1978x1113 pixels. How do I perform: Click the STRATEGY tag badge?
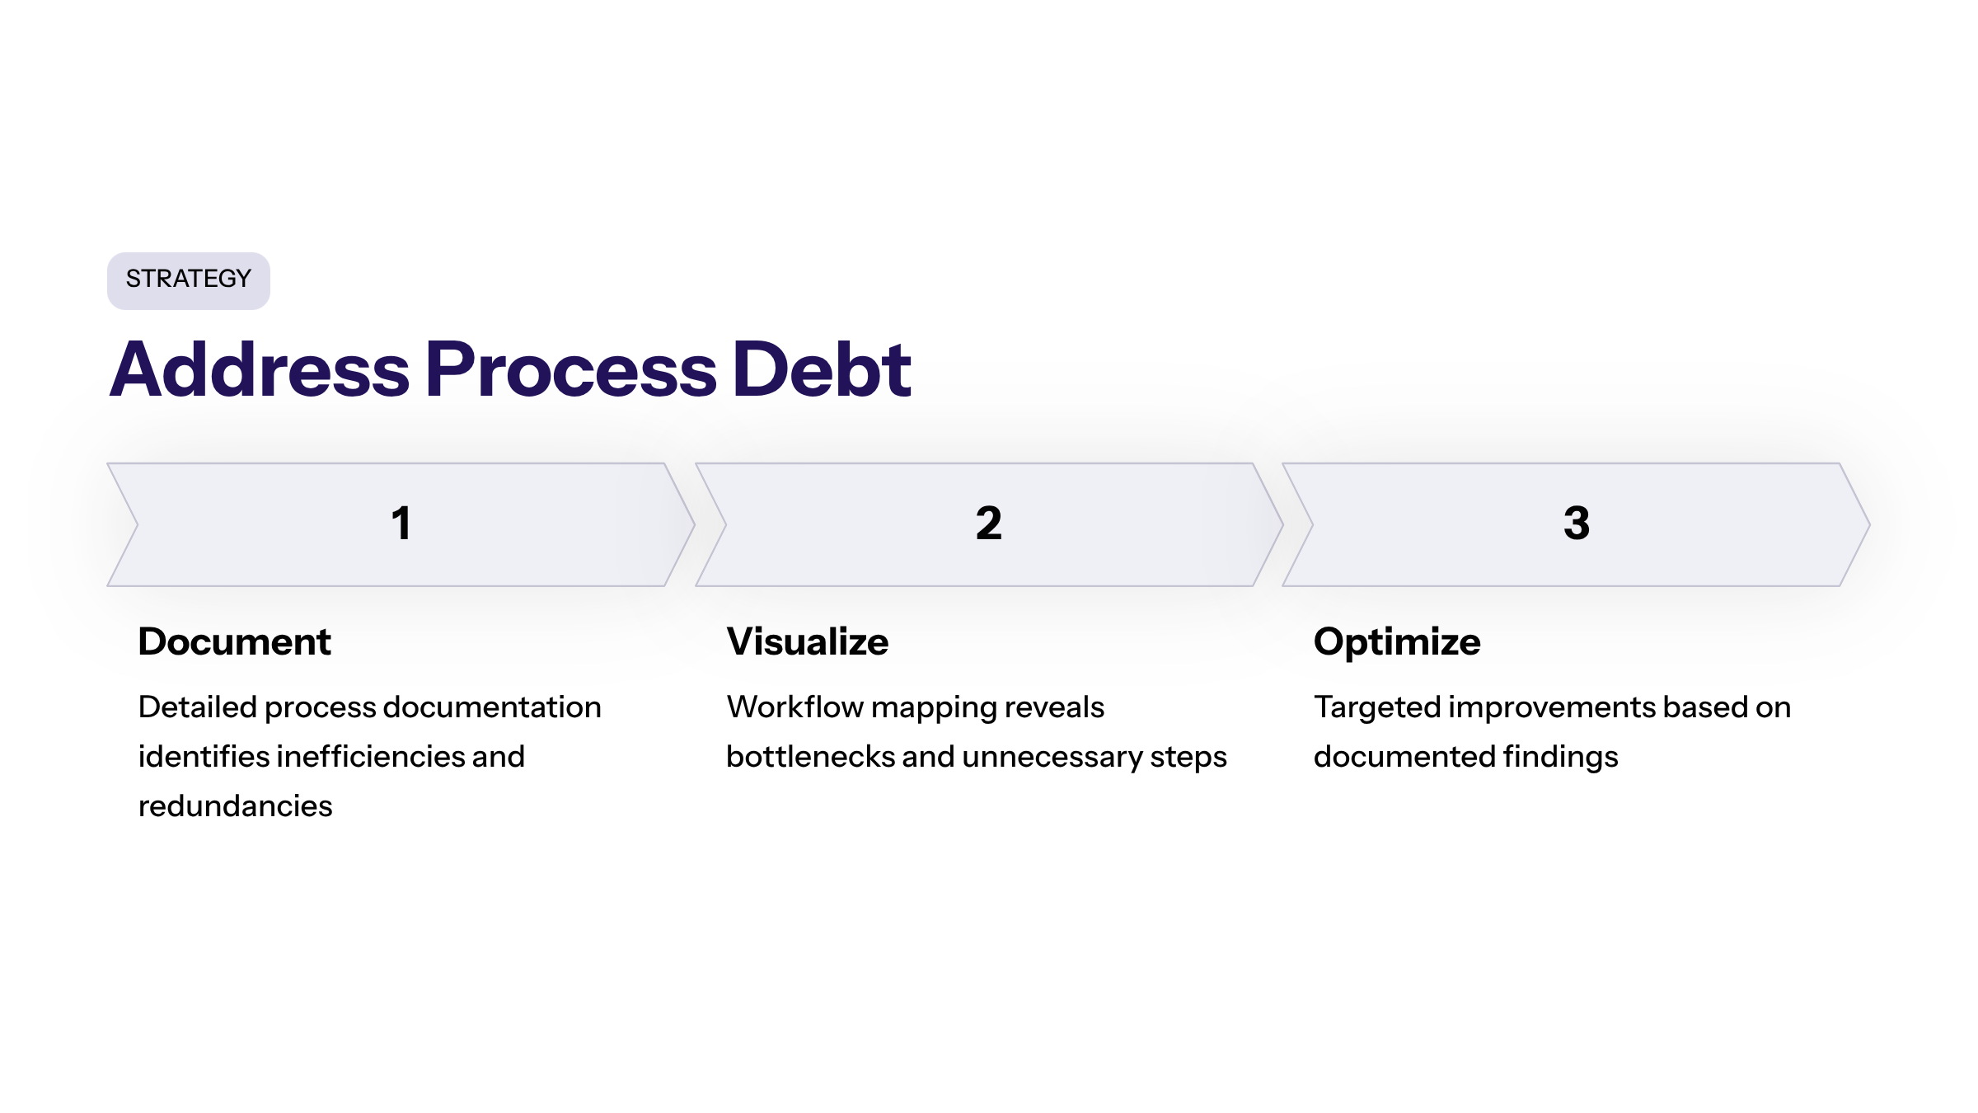188,280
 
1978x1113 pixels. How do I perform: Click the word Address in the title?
260,370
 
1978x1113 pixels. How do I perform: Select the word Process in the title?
571,370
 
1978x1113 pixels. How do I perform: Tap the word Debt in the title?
821,370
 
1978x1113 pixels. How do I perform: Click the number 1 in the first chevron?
401,524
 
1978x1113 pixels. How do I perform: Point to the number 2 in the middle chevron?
988,524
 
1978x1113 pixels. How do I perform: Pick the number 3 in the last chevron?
1576,524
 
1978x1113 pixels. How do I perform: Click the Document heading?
234,641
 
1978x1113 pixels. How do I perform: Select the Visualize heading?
807,641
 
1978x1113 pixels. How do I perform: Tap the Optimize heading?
1397,641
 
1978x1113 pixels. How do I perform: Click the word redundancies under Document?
235,805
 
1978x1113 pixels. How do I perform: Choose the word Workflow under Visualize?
794,707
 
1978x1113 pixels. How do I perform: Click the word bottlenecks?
809,756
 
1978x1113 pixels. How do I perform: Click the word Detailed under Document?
197,707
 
